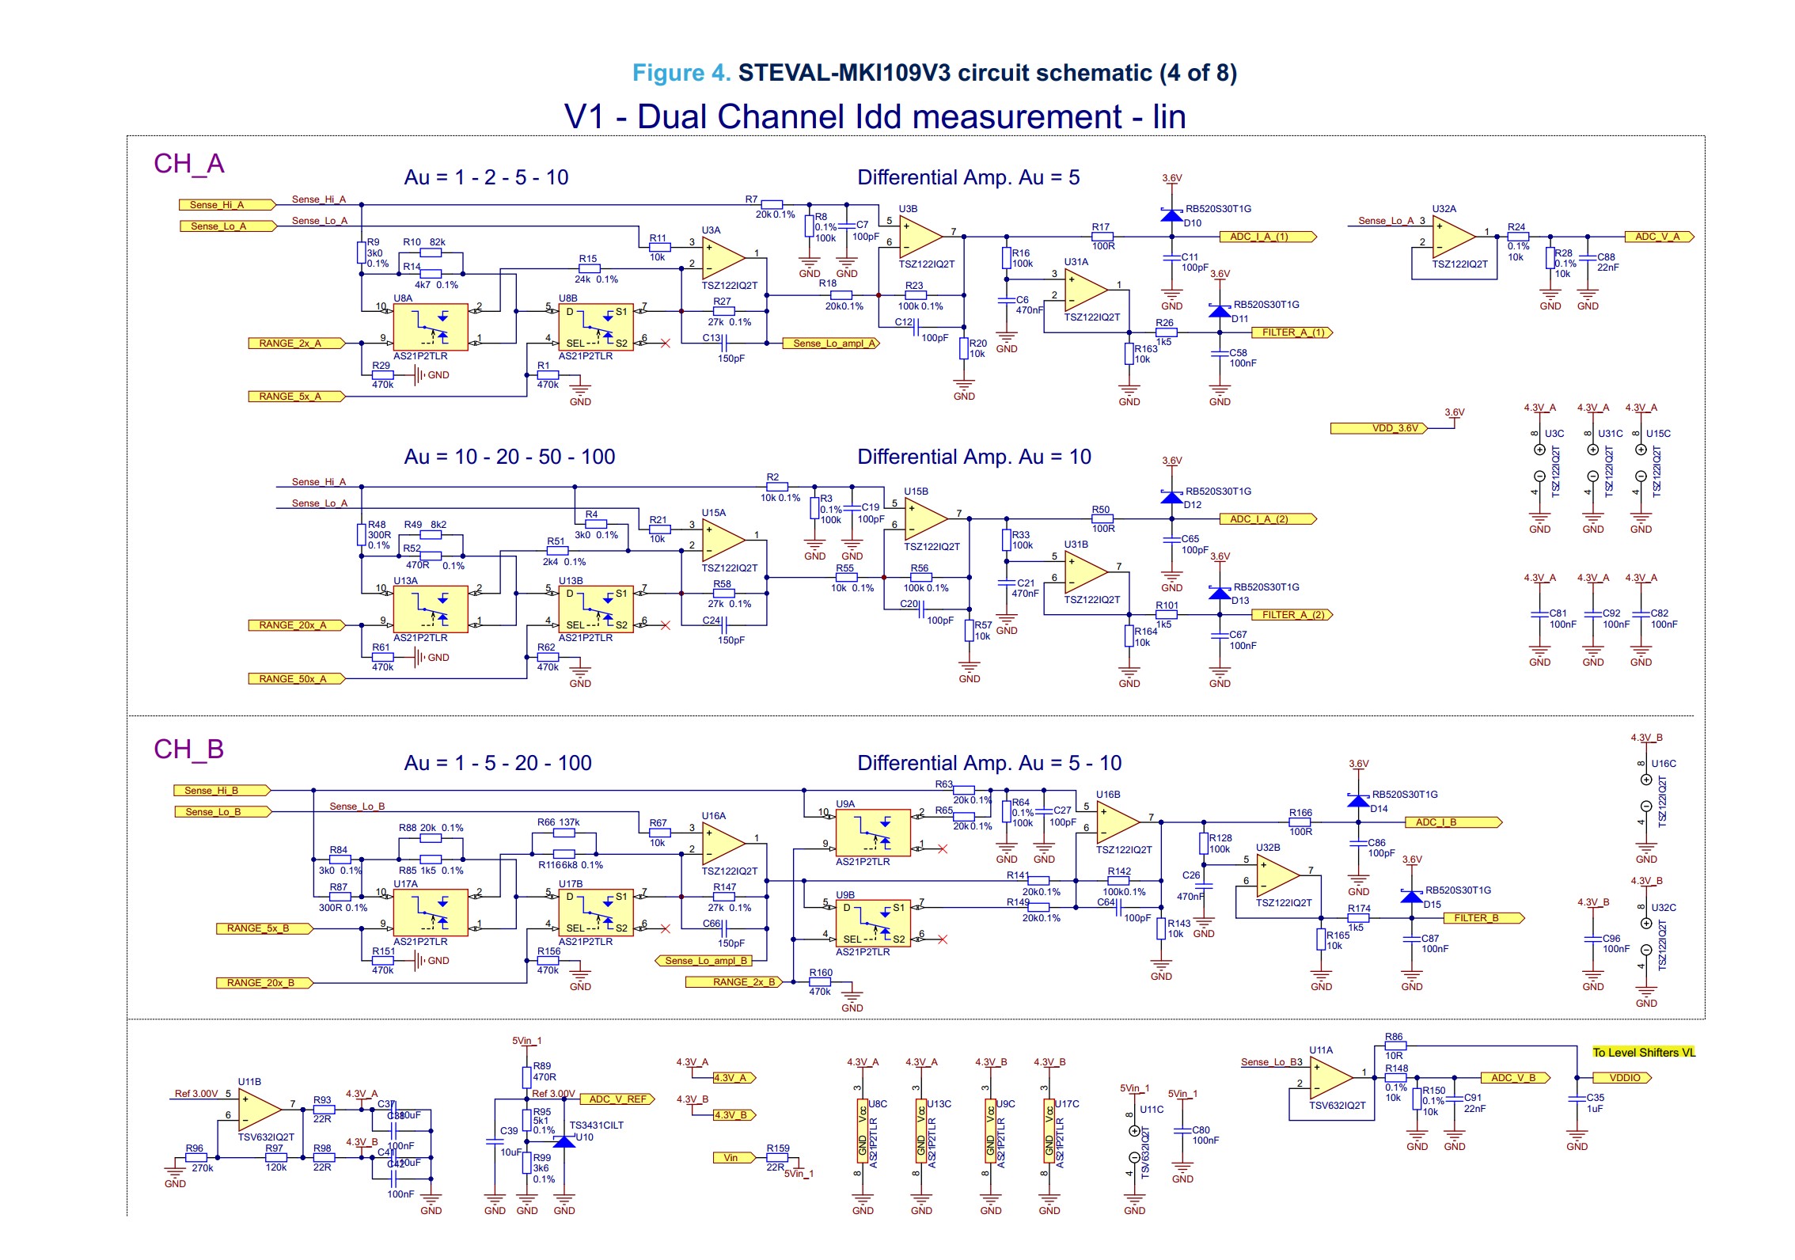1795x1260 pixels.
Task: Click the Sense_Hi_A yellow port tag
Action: [x=226, y=205]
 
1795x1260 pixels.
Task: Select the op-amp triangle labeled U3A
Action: [x=722, y=258]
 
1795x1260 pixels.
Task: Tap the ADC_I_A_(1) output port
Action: [x=1267, y=237]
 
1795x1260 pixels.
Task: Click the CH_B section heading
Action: [x=188, y=749]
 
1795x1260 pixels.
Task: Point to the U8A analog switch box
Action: [x=431, y=327]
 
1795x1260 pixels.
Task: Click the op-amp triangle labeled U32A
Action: [x=1453, y=237]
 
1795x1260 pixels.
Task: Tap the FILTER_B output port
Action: [x=1479, y=918]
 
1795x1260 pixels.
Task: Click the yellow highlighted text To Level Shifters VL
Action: [x=1644, y=1053]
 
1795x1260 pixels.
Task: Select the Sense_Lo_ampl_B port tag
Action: [x=704, y=961]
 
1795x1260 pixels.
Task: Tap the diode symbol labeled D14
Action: [x=1358, y=800]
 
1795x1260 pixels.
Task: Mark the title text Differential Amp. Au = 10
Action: [x=973, y=457]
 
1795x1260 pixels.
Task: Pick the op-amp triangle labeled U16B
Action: [x=1117, y=822]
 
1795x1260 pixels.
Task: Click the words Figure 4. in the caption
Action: [x=681, y=73]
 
